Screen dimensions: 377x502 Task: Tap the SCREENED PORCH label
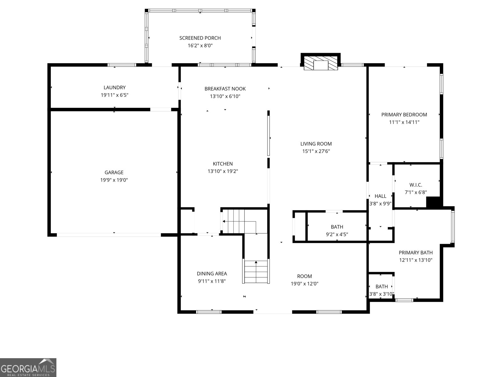pyautogui.click(x=200, y=38)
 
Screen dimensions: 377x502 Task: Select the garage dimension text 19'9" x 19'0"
pyautogui.click(x=114, y=180)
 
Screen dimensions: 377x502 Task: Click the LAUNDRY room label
pyautogui.click(x=115, y=88)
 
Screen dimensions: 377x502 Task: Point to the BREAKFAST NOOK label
pyautogui.click(x=225, y=89)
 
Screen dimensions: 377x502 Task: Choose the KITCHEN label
pyautogui.click(x=223, y=164)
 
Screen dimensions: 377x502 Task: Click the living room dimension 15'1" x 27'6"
pyautogui.click(x=316, y=151)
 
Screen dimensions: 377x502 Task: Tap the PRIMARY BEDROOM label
pyautogui.click(x=404, y=115)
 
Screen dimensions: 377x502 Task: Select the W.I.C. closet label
pyautogui.click(x=416, y=185)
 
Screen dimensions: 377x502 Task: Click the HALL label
pyautogui.click(x=380, y=196)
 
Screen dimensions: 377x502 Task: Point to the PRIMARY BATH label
pyautogui.click(x=415, y=253)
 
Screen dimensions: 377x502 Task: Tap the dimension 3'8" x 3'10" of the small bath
pyautogui.click(x=382, y=294)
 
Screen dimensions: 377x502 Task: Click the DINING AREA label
pyautogui.click(x=212, y=274)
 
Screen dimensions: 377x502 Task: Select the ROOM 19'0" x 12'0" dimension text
pyautogui.click(x=304, y=284)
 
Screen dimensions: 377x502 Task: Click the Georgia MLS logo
pyautogui.click(x=28, y=367)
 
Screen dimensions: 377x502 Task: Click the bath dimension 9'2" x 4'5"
pyautogui.click(x=337, y=234)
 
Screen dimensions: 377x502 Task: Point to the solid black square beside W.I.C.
pyautogui.click(x=434, y=202)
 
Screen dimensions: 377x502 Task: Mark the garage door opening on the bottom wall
pyautogui.click(x=109, y=235)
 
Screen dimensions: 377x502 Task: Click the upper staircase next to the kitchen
pyautogui.click(x=238, y=221)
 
